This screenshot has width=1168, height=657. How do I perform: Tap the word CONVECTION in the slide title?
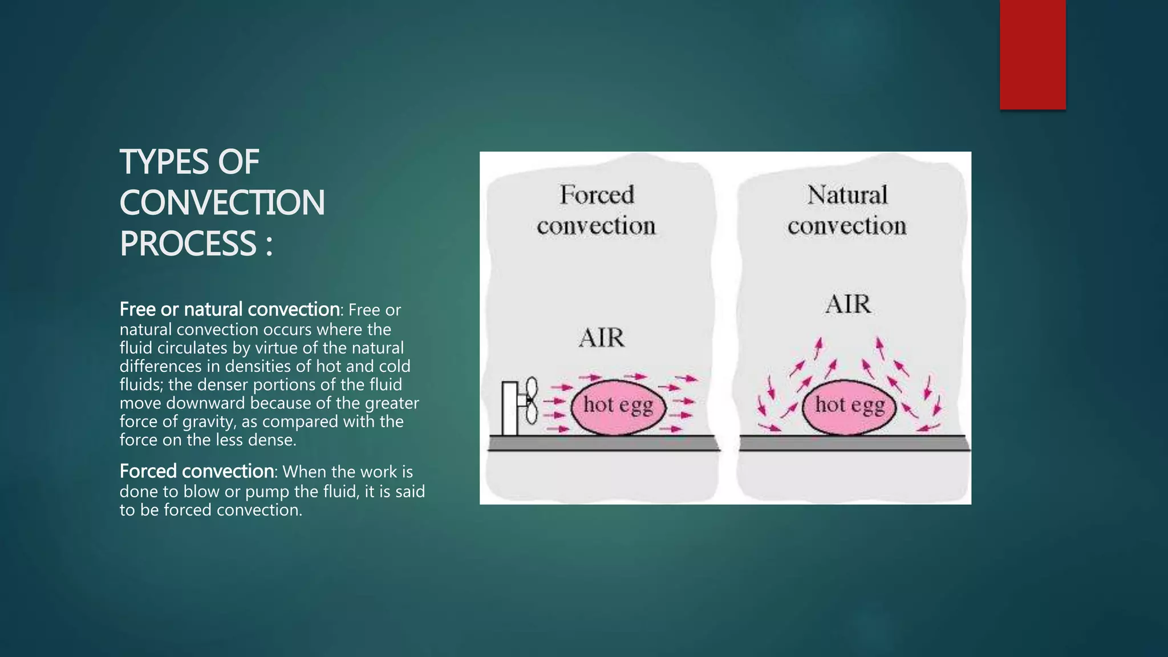click(222, 203)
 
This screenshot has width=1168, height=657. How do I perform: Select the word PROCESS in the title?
click(188, 244)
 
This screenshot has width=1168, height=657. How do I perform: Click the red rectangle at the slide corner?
click(1032, 55)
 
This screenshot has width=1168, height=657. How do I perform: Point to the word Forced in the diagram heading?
click(597, 195)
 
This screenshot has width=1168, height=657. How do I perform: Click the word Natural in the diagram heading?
click(847, 195)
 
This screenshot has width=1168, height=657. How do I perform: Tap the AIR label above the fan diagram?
click(602, 338)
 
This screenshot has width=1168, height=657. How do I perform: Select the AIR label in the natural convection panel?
click(848, 305)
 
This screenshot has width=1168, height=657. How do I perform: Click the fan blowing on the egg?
click(519, 407)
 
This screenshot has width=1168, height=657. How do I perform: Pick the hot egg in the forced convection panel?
click(618, 406)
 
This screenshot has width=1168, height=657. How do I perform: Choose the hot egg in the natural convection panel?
click(849, 406)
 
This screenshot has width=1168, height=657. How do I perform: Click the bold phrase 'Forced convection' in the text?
click(197, 472)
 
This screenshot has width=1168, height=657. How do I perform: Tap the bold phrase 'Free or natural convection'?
click(229, 310)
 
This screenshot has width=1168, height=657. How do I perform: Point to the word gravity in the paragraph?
click(209, 422)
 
